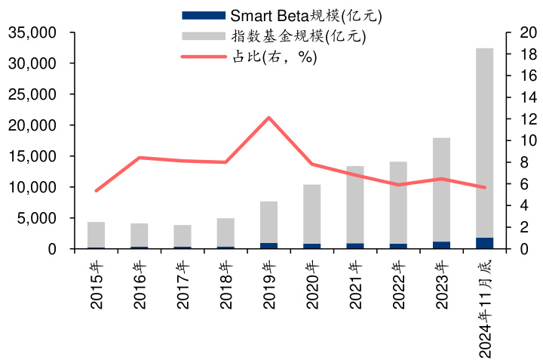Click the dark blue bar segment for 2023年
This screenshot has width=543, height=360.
click(441, 245)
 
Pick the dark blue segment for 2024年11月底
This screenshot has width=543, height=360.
click(484, 243)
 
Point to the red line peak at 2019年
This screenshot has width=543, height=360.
click(269, 118)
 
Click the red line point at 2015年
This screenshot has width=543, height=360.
click(97, 190)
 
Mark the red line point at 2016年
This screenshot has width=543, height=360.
click(140, 158)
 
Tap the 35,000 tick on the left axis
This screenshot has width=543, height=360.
click(33, 33)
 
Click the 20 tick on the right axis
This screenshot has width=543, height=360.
click(524, 33)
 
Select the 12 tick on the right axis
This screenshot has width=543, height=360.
click(524, 119)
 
